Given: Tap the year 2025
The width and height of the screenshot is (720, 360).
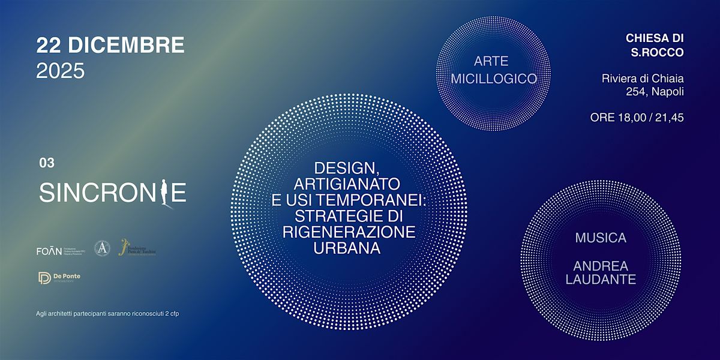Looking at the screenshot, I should click(x=61, y=71).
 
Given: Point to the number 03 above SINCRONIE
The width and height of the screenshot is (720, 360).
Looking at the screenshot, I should click(x=46, y=163).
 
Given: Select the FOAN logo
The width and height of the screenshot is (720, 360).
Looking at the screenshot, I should click(x=49, y=251).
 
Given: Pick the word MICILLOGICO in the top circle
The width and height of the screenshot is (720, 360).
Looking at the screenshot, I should click(x=494, y=79).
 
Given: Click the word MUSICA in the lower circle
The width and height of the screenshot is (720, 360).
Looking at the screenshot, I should click(x=600, y=238).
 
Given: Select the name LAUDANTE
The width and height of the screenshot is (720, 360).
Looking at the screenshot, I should click(x=600, y=280).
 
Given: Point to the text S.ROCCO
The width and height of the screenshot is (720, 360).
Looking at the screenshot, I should click(x=657, y=53).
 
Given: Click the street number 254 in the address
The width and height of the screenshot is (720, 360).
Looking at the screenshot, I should click(x=637, y=92).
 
